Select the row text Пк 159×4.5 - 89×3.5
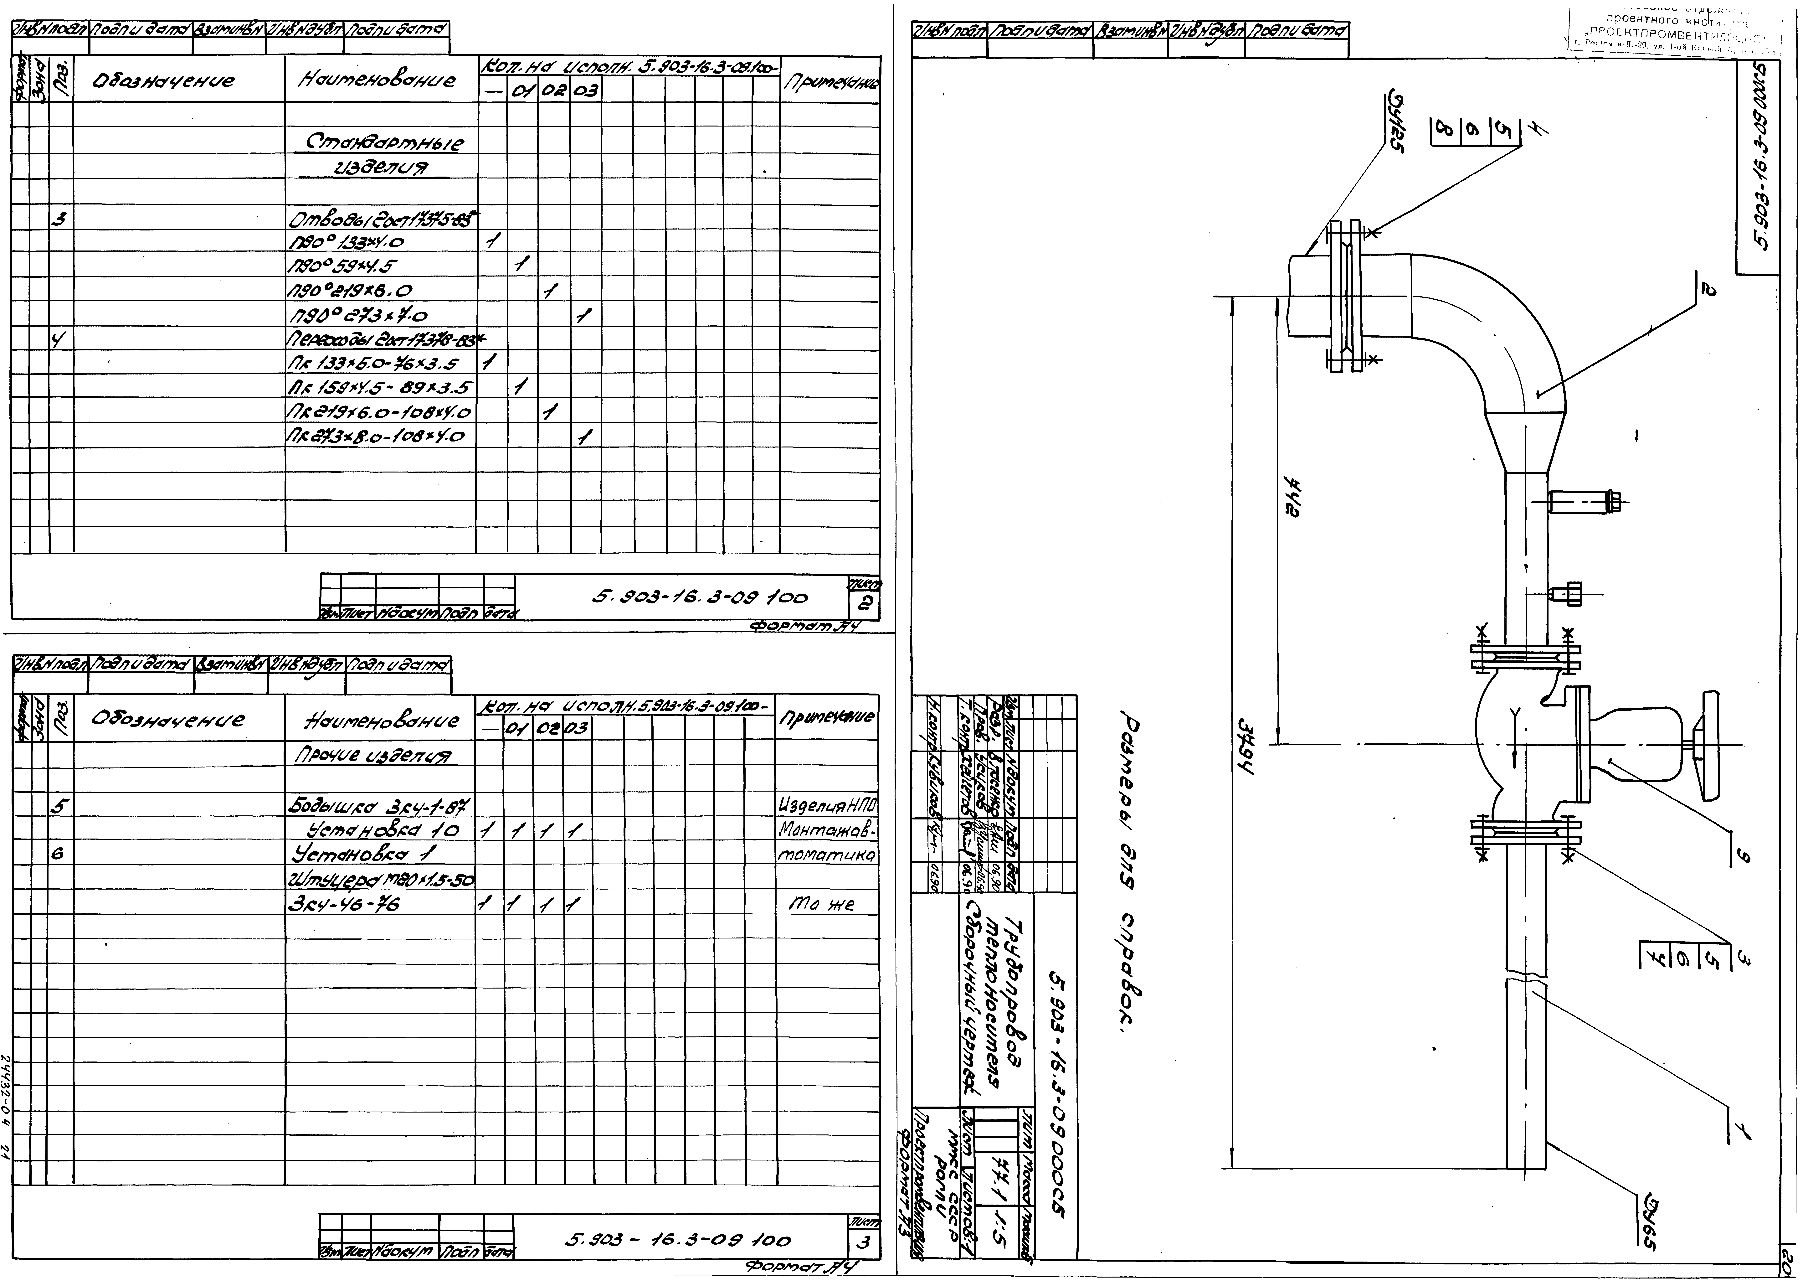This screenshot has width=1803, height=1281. (380, 388)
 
